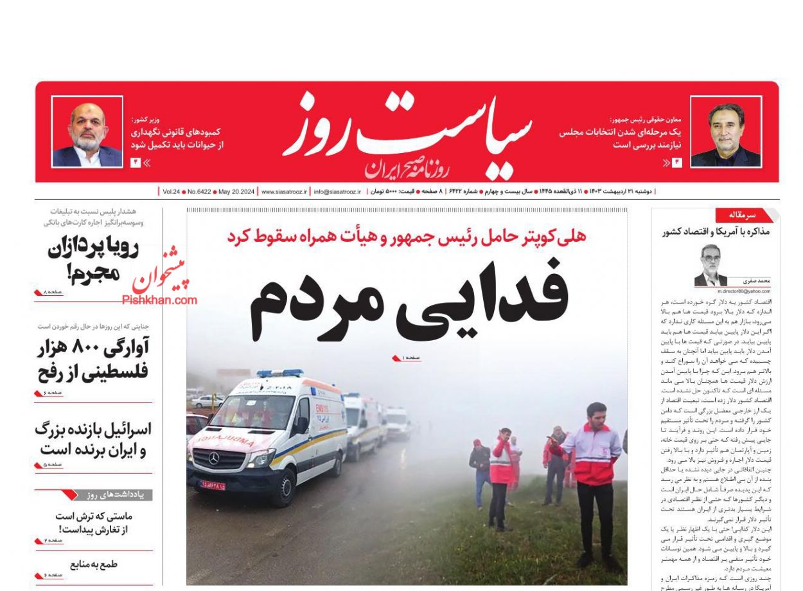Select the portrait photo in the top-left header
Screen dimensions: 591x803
coord(87,132)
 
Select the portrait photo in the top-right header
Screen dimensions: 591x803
coord(725,132)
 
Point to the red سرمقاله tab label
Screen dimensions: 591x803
coord(743,215)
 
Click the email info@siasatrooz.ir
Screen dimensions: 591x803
coord(337,192)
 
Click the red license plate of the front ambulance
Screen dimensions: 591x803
coord(213,485)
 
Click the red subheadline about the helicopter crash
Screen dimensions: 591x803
coord(406,236)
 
